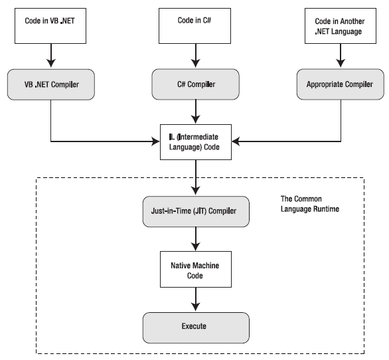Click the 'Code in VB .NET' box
(50, 26)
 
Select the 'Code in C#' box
(194, 26)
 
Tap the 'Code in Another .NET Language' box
(341, 26)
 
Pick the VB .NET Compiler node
(51, 84)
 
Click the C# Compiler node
(195, 84)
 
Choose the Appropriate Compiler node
(341, 84)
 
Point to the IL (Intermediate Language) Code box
(196, 142)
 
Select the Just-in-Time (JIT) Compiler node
(196, 211)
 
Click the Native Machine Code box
(196, 270)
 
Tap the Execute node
(196, 327)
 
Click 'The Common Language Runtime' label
(310, 204)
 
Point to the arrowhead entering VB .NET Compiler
(51, 63)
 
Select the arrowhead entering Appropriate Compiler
(341, 63)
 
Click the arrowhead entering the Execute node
(196, 307)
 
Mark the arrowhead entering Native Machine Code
(196, 246)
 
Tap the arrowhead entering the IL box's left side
(155, 141)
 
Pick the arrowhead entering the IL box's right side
(236, 141)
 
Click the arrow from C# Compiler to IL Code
(196, 112)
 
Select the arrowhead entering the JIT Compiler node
(196, 191)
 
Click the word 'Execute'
(194, 326)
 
